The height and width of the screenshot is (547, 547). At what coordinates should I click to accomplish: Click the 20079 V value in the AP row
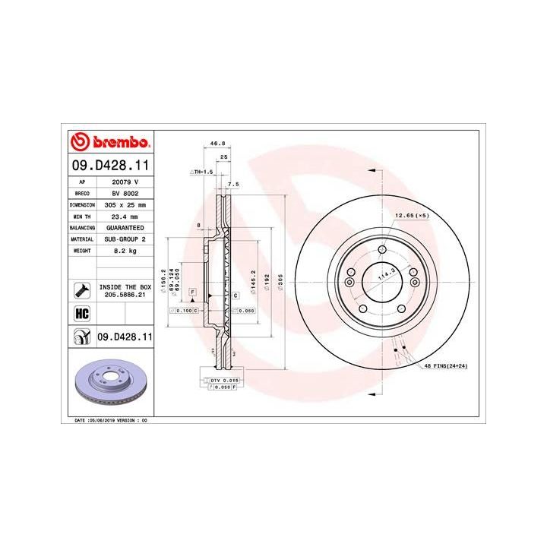(x=125, y=182)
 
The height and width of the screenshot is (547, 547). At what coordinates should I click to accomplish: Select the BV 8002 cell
(x=125, y=194)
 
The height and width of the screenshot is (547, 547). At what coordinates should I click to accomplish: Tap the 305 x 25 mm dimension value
(x=125, y=204)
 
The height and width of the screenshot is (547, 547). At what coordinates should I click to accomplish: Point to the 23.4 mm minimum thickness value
(x=125, y=216)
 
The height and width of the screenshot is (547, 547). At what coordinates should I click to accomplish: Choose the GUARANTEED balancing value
(x=125, y=227)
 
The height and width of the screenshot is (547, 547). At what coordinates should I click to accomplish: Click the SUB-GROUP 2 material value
(x=125, y=238)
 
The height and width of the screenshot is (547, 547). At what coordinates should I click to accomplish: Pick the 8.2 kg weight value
(x=125, y=249)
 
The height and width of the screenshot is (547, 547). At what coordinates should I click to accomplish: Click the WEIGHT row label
(x=81, y=249)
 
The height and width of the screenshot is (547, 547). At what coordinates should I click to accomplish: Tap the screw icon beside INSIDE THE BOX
(x=81, y=289)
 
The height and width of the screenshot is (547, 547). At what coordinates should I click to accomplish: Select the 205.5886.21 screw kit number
(x=125, y=293)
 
